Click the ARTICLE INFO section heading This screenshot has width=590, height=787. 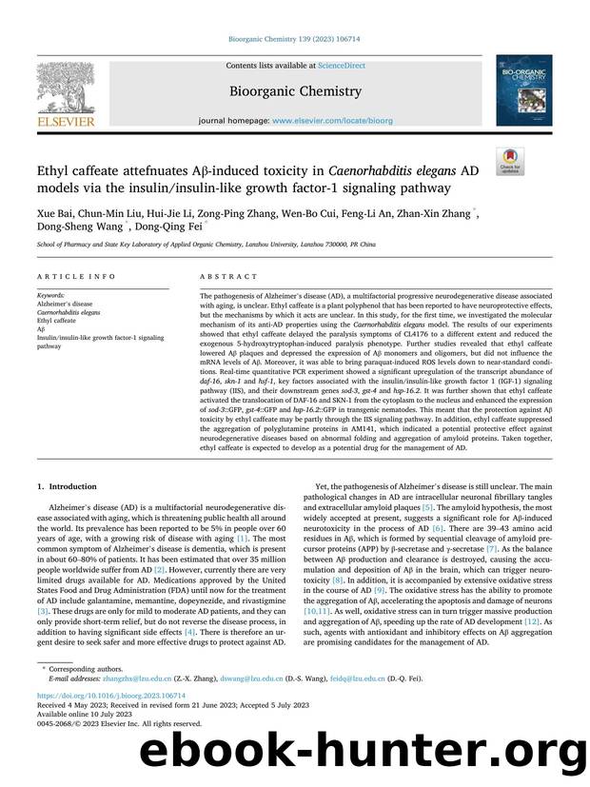[66, 277]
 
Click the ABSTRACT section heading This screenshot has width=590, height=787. [228, 277]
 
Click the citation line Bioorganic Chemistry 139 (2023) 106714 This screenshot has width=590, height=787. [294, 40]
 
